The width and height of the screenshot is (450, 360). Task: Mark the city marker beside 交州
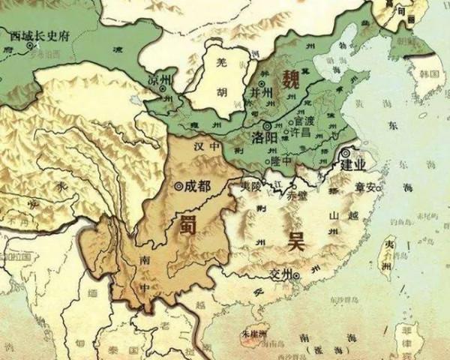point(297,275)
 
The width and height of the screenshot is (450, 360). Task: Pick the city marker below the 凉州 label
point(163,88)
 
